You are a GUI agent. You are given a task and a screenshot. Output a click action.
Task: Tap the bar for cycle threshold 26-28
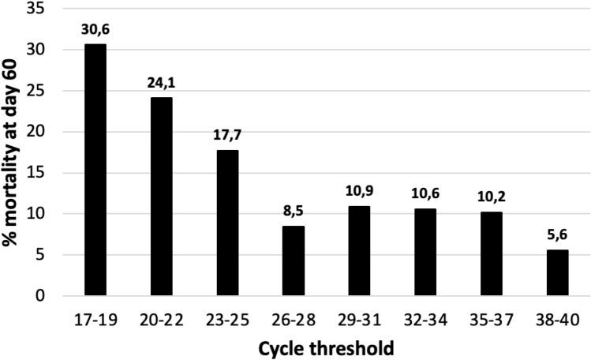(x=293, y=261)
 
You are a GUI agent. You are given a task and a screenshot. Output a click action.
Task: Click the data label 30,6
(x=95, y=31)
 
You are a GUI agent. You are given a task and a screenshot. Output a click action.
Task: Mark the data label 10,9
(x=359, y=193)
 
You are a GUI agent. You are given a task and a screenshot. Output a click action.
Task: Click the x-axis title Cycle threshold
(x=326, y=347)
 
